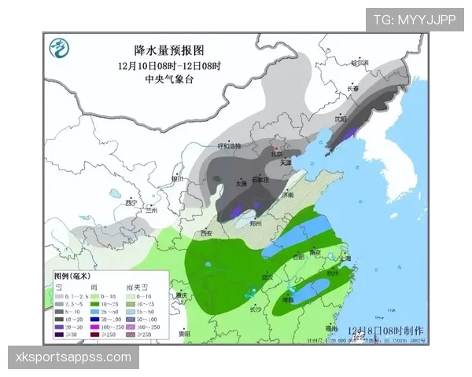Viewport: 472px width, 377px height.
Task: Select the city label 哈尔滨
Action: tap(360, 62)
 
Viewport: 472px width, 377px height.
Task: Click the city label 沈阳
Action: tap(340, 119)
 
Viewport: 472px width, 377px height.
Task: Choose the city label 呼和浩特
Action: tap(229, 146)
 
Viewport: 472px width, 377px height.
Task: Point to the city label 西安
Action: tap(206, 233)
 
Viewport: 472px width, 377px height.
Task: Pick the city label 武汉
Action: tap(267, 276)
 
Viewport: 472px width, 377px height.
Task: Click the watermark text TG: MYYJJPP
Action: tap(414, 20)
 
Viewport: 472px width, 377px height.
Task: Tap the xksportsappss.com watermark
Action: tap(74, 357)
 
